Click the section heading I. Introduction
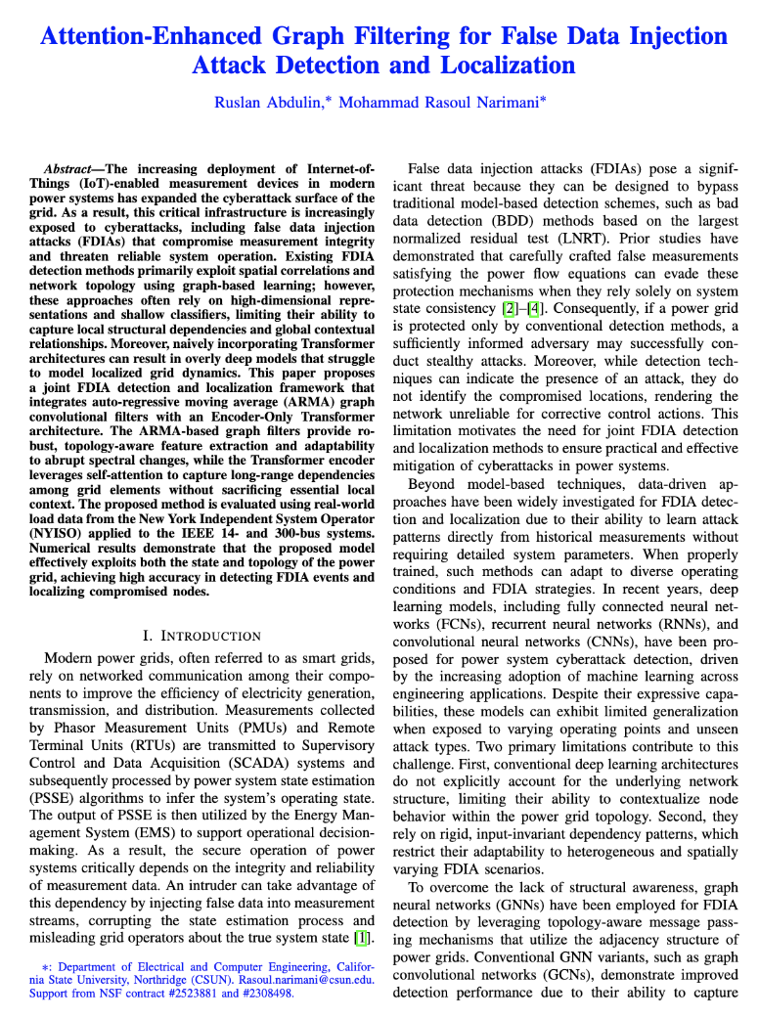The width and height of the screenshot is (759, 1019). pyautogui.click(x=202, y=636)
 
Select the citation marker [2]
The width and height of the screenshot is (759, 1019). pyautogui.click(x=509, y=309)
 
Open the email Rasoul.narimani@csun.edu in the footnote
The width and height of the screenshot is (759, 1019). pyautogui.click(x=303, y=977)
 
